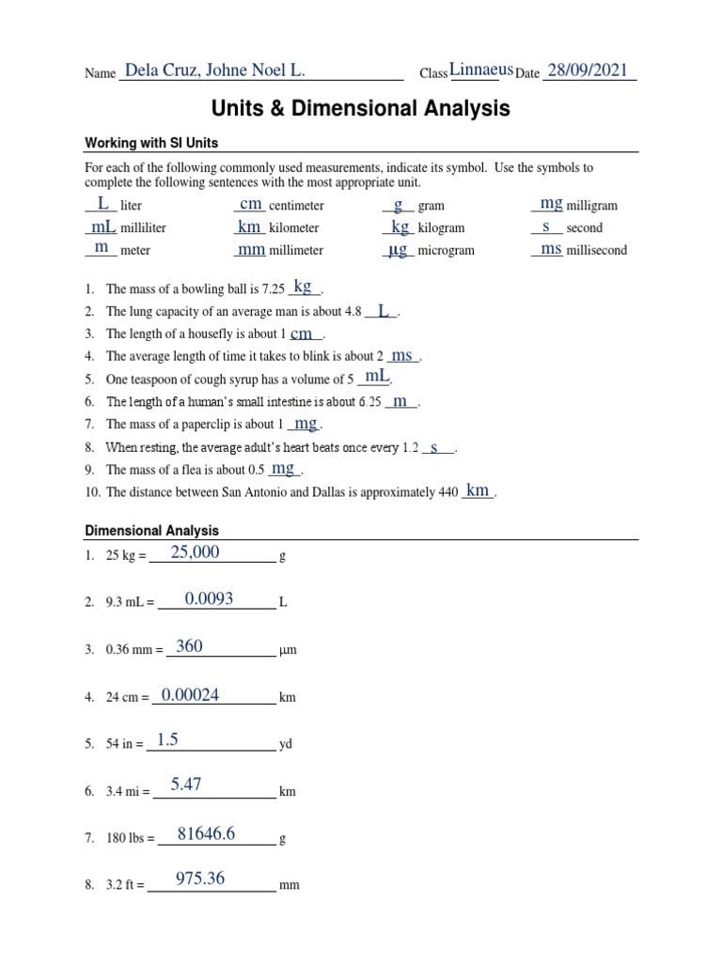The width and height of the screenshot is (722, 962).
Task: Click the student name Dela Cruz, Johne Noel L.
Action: tap(214, 70)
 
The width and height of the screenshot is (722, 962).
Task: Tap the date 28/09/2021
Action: tap(587, 70)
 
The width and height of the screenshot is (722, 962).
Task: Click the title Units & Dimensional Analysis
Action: tap(360, 109)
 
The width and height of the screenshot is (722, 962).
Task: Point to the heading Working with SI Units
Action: tap(151, 143)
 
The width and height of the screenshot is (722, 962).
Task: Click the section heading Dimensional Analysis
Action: tap(151, 531)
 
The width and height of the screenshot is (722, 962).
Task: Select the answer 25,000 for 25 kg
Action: tap(196, 552)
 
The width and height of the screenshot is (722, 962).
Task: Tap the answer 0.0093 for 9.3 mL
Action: tap(209, 598)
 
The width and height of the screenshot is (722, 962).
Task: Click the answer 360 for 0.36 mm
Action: tap(189, 645)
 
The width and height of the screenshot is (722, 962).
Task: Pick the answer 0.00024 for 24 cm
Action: tap(191, 694)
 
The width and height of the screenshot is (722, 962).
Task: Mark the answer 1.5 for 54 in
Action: tap(167, 740)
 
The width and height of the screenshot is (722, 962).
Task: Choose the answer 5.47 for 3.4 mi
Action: tap(186, 784)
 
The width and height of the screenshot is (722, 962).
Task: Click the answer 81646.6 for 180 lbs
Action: tap(206, 832)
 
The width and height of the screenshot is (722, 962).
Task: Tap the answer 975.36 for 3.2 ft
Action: tap(200, 878)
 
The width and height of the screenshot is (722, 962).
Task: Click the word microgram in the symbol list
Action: tap(446, 251)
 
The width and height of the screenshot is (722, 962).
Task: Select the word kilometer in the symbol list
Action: tap(293, 228)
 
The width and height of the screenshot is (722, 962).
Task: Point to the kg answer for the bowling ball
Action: tap(303, 287)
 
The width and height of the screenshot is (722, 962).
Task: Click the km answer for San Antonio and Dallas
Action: tap(478, 489)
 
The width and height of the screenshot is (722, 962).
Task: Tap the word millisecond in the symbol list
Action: tap(596, 251)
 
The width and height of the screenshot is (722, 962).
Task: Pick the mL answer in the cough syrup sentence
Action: tap(377, 376)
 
